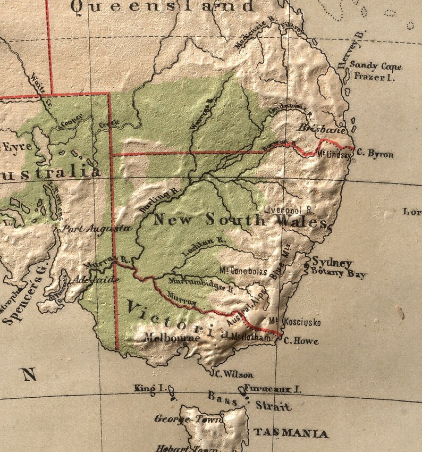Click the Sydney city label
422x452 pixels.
[x=332, y=262]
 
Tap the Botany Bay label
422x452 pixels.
[x=339, y=274]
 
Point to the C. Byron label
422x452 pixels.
[x=375, y=154]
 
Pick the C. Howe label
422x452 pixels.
[x=301, y=341]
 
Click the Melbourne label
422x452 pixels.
[x=172, y=337]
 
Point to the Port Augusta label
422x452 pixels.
[x=96, y=229]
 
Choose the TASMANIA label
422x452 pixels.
[x=291, y=433]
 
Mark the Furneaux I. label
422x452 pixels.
[x=273, y=389]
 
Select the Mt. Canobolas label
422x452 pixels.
[x=243, y=271]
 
